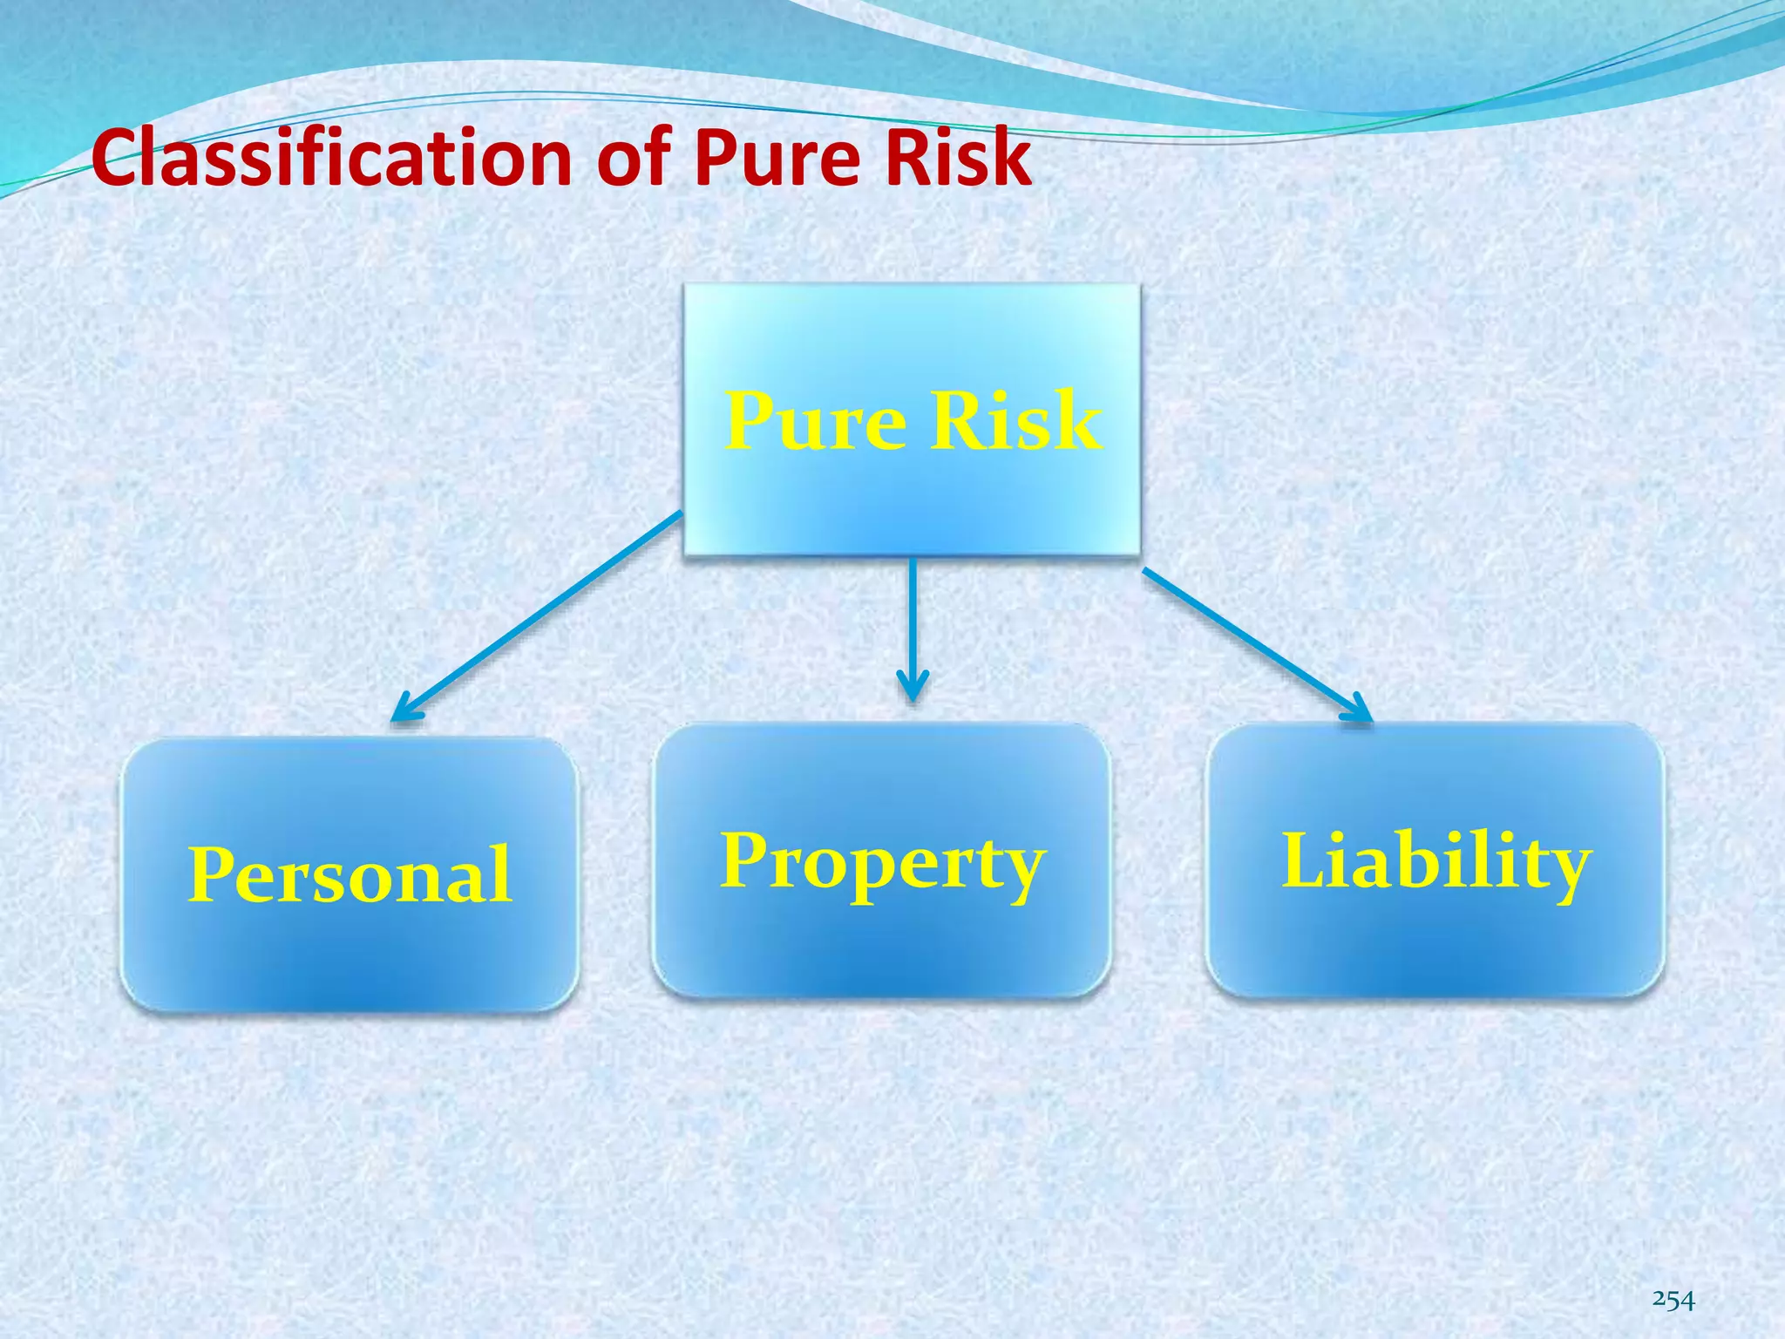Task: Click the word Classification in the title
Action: click(x=331, y=158)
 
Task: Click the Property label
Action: click(x=882, y=862)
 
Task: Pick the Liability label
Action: click(x=1435, y=862)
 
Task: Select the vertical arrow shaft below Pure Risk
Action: click(x=913, y=619)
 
